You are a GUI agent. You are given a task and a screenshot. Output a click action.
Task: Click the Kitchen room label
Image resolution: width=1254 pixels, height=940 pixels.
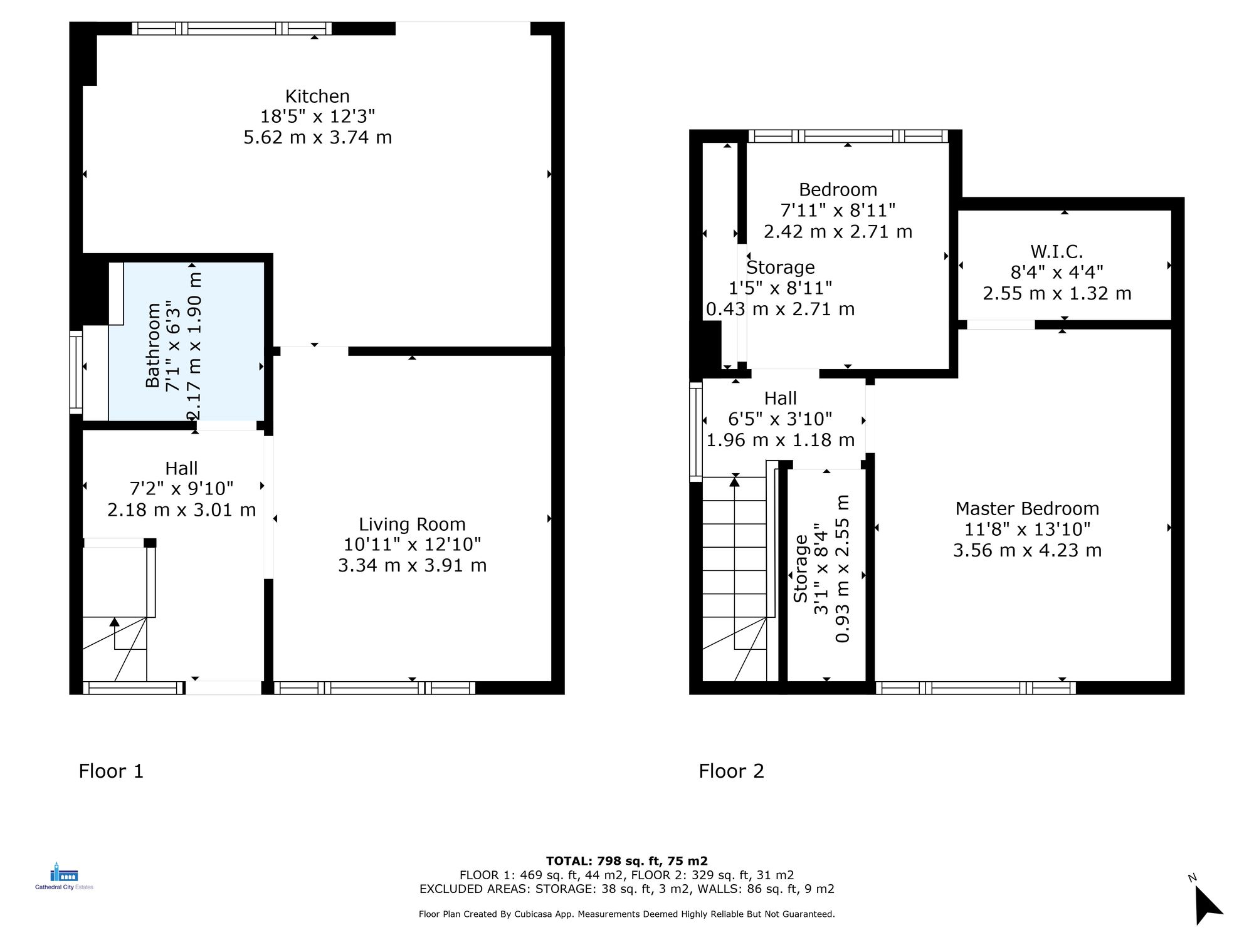(317, 97)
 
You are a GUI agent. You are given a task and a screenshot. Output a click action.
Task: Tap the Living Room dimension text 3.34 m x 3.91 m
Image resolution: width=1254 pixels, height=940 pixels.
(412, 565)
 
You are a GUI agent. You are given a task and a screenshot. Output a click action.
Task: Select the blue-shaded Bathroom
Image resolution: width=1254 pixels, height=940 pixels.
(186, 342)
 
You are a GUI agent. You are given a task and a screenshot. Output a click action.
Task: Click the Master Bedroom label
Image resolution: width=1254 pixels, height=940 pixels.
(1027, 508)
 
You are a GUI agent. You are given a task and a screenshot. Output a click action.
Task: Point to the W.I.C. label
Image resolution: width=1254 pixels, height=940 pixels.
(1056, 252)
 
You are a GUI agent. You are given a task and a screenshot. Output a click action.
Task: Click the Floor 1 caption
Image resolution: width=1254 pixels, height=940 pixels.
(111, 771)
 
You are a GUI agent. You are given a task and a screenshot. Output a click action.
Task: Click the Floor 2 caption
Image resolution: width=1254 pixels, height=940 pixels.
(731, 771)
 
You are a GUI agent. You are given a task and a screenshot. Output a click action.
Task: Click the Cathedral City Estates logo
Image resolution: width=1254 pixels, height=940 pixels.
(64, 877)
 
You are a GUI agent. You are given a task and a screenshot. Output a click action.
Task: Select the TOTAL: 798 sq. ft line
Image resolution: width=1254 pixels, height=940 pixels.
(626, 861)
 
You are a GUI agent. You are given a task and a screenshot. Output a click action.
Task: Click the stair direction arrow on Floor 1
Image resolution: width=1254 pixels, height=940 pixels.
(114, 623)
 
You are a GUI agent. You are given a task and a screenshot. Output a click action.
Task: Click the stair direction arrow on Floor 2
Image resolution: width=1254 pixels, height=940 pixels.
(734, 482)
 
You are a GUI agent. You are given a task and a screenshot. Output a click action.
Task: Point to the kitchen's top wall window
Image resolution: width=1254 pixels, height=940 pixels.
(231, 28)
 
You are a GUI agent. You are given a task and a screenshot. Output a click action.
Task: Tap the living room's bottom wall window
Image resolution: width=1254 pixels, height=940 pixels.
(374, 688)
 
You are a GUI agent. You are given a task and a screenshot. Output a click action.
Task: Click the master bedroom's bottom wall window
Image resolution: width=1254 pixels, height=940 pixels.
(976, 688)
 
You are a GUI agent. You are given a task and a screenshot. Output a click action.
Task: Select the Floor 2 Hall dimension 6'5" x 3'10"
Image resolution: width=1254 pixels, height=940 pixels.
(780, 419)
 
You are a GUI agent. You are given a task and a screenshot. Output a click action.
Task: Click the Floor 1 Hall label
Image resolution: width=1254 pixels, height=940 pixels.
(181, 468)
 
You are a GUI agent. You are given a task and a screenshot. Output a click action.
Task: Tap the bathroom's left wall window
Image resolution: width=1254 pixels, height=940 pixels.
(76, 372)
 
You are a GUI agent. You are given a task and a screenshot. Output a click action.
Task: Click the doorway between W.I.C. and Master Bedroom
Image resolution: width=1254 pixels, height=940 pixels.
(1001, 325)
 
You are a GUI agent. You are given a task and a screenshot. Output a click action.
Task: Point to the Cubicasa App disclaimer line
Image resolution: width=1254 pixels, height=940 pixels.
(626, 914)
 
